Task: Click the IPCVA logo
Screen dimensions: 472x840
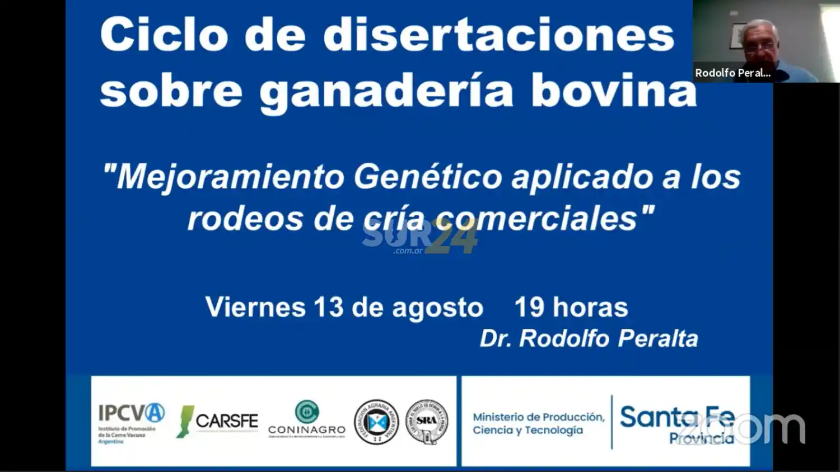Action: point(131,421)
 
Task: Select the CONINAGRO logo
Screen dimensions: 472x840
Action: point(306,420)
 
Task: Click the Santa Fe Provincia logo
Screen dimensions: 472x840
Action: point(677,424)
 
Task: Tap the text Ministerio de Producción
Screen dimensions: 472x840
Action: point(538,417)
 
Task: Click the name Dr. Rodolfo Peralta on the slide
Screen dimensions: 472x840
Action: point(589,338)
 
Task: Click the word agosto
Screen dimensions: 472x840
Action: point(437,308)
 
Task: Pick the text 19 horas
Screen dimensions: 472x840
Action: point(571,307)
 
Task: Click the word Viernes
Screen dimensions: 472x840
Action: point(255,307)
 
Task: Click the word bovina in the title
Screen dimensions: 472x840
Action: point(614,91)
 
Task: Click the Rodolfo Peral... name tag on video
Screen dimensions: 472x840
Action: point(732,73)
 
